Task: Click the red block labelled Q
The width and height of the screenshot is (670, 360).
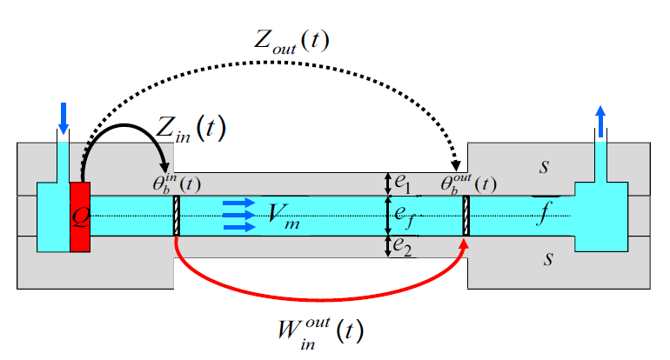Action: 80,217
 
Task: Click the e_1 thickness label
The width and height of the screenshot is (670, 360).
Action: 401,183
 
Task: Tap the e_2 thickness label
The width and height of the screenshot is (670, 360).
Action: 401,247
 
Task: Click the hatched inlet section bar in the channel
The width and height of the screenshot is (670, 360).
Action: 176,216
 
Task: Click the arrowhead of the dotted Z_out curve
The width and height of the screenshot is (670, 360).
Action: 456,166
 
